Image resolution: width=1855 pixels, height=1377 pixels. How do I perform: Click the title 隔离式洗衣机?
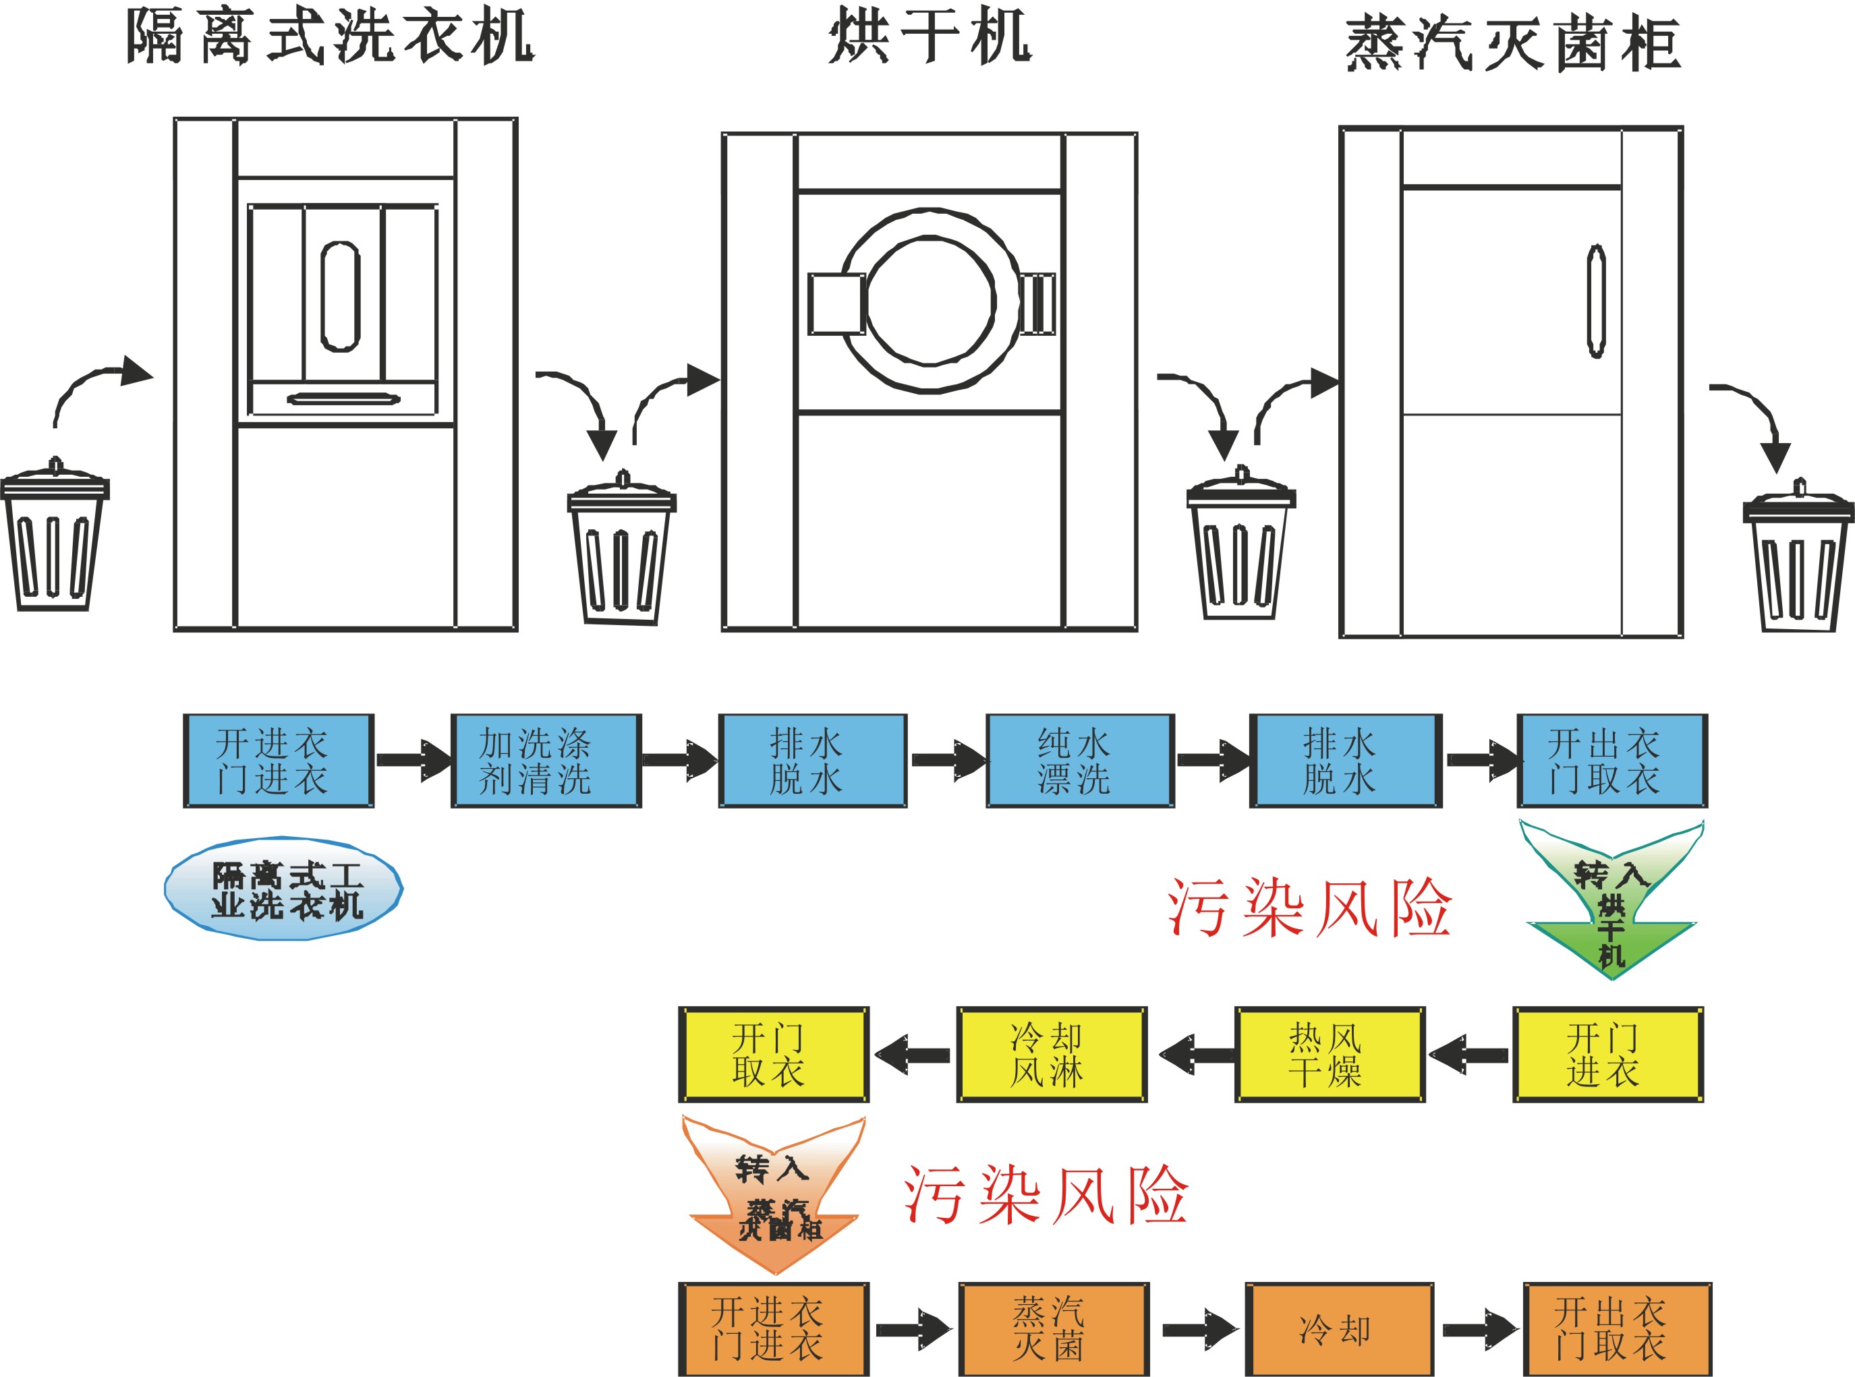[330, 38]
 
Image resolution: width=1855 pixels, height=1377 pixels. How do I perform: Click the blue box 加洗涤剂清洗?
[546, 760]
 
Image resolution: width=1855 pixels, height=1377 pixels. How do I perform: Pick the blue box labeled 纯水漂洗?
[1080, 760]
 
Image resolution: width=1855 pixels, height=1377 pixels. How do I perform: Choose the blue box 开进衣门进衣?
[279, 760]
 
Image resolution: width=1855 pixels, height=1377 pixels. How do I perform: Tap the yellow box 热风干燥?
[1330, 1055]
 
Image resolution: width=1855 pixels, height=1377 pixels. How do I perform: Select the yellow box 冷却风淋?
[1052, 1055]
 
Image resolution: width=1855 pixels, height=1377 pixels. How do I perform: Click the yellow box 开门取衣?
[773, 1055]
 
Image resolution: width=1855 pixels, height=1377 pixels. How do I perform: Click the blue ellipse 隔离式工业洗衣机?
[283, 889]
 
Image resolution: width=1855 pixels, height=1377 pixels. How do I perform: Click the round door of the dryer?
[930, 301]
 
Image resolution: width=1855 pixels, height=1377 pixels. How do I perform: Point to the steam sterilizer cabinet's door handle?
[1596, 301]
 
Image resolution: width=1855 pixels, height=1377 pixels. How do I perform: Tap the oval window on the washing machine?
[340, 297]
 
